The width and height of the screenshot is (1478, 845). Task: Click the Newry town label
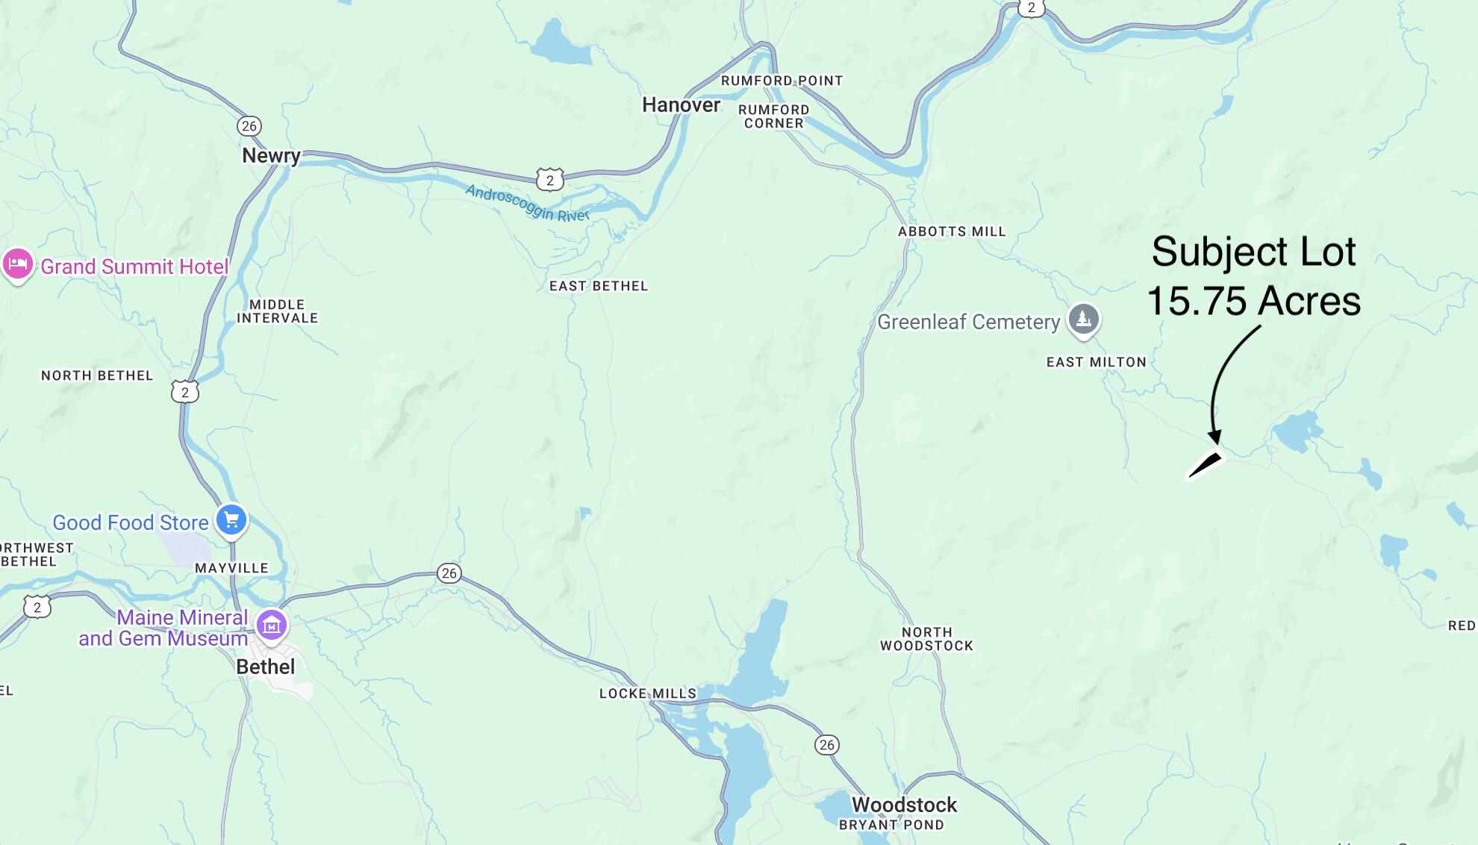[x=271, y=155]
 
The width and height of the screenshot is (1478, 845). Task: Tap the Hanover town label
[x=681, y=105]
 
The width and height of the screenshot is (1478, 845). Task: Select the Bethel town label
[x=266, y=667]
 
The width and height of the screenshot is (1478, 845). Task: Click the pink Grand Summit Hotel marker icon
[x=17, y=264]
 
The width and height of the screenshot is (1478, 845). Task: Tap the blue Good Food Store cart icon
[x=231, y=520]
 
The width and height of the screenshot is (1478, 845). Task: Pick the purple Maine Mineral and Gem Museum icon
[x=272, y=626]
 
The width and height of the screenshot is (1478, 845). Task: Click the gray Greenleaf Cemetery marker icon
[x=1083, y=319]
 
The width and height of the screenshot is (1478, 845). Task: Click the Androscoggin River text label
[x=527, y=203]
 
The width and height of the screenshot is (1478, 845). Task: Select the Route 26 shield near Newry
[x=249, y=126]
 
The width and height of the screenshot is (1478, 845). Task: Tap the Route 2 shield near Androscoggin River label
[x=550, y=180]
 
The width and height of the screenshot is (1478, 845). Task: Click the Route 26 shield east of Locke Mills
[x=826, y=744]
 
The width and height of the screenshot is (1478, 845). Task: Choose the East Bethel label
[x=598, y=286]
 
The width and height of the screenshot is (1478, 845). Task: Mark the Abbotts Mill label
[x=952, y=231]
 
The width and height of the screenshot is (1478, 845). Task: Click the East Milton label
[x=1096, y=362]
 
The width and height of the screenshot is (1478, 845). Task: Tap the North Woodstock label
[x=926, y=639]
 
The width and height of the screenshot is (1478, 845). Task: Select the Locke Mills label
[x=647, y=693]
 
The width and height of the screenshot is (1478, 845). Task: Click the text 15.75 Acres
[x=1253, y=301]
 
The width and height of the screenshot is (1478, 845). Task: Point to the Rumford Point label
[x=781, y=81]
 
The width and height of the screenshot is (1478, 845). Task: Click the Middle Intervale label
[x=277, y=311]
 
